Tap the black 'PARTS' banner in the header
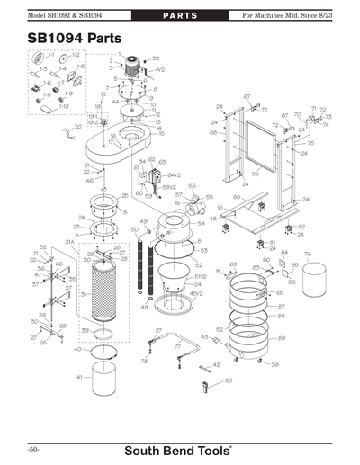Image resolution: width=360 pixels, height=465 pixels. (179, 16)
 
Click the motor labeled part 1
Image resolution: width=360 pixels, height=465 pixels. (133, 64)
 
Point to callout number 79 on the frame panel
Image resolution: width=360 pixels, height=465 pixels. (256, 174)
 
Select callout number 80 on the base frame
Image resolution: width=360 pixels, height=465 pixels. (237, 197)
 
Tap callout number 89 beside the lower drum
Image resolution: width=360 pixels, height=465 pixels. (282, 338)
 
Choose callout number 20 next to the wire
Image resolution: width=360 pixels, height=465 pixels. (65, 128)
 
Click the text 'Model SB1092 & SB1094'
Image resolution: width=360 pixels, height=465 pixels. (67, 16)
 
